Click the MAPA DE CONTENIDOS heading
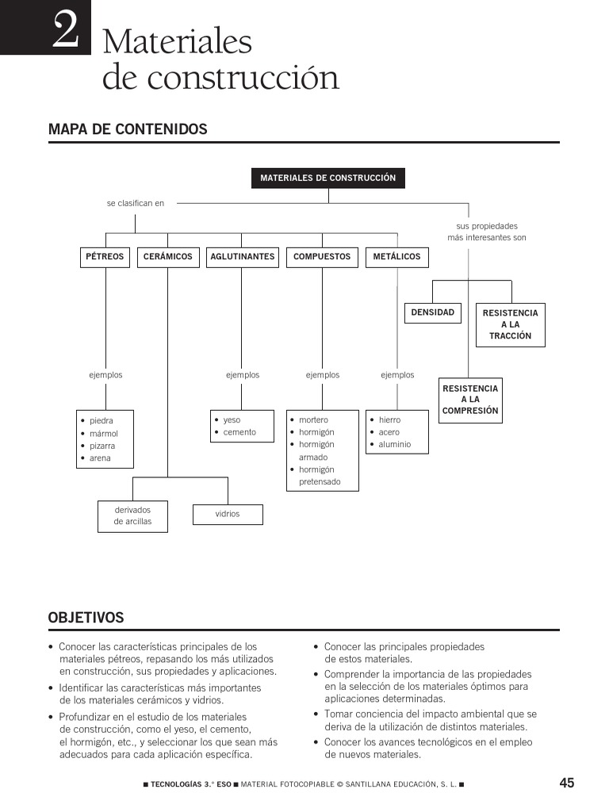pyautogui.click(x=128, y=129)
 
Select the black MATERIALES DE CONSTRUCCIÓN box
pyautogui.click(x=327, y=178)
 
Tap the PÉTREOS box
pyautogui.click(x=105, y=257)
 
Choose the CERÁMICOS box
pyautogui.click(x=167, y=257)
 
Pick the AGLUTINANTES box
pyautogui.click(x=243, y=257)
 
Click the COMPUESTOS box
pyautogui.click(x=322, y=257)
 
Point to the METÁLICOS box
pyautogui.click(x=396, y=257)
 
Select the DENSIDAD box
pyautogui.click(x=433, y=312)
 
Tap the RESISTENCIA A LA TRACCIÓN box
pyautogui.click(x=510, y=324)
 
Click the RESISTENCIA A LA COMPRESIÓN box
pyautogui.click(x=470, y=400)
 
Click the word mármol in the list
pyautogui.click(x=104, y=434)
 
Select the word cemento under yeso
pyautogui.click(x=239, y=432)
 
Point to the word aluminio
pyautogui.click(x=395, y=445)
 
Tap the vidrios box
pyautogui.click(x=228, y=514)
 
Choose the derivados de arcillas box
pyautogui.click(x=132, y=515)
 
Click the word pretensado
pyautogui.click(x=320, y=481)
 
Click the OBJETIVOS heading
pyautogui.click(x=86, y=618)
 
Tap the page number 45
pyautogui.click(x=566, y=783)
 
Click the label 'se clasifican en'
pyautogui.click(x=136, y=203)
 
